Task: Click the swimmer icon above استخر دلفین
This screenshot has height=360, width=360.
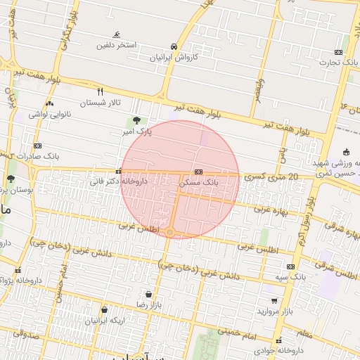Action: pos(117,34)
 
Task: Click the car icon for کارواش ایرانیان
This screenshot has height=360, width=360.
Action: pos(173,46)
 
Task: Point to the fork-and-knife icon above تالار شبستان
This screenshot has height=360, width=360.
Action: pos(100,92)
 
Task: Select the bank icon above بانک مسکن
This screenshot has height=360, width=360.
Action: pos(200,172)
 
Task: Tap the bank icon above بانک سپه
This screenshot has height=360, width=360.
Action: pos(290,267)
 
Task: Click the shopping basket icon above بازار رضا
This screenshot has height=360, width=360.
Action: pos(148,294)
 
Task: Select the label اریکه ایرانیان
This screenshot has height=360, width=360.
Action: pos(105,320)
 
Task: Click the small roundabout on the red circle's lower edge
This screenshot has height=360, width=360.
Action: pos(170,231)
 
